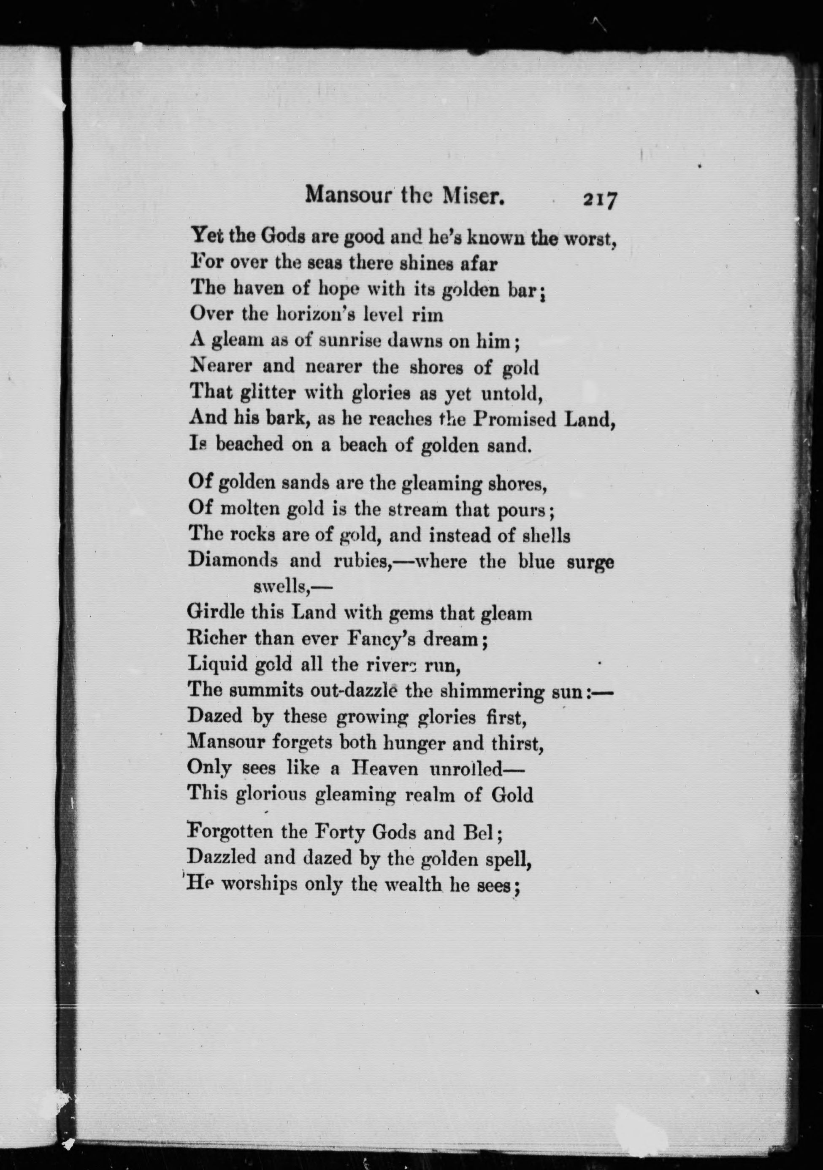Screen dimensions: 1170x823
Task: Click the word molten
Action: pyautogui.click(x=246, y=509)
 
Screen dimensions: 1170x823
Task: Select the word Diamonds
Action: pyautogui.click(x=233, y=561)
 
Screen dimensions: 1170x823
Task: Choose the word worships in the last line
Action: pyautogui.click(x=260, y=884)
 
